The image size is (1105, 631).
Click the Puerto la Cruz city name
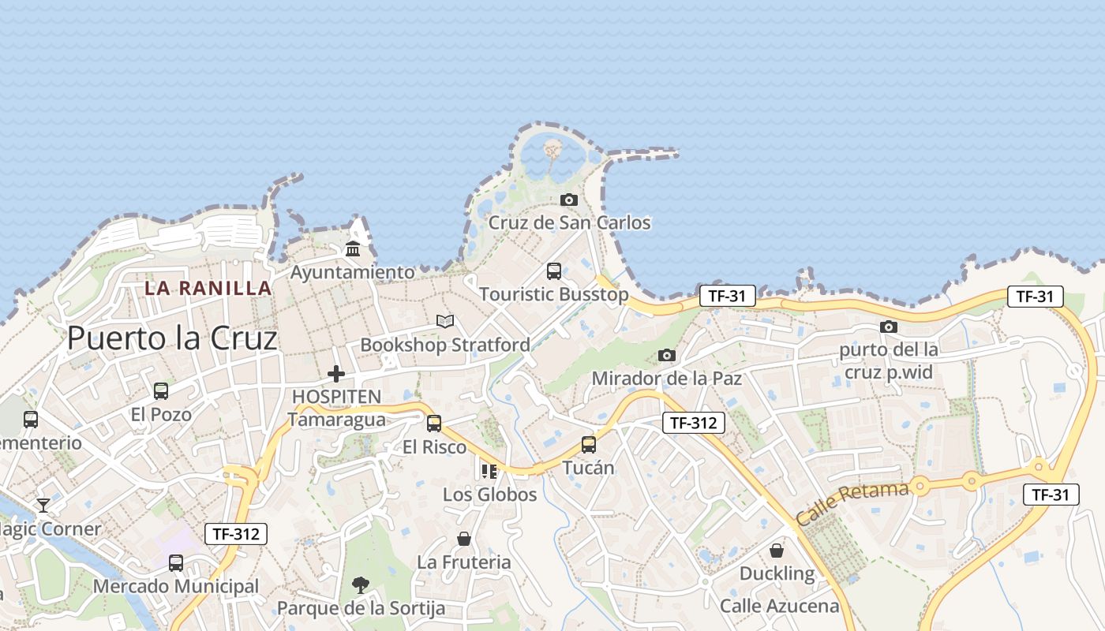point(172,338)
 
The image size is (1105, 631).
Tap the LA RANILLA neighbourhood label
point(208,288)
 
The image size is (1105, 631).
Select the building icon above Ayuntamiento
point(353,250)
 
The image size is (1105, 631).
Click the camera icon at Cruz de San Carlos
point(568,200)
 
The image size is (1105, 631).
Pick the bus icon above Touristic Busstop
point(554,271)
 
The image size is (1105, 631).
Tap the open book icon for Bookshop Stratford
point(445,321)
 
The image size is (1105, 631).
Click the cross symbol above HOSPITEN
point(336,374)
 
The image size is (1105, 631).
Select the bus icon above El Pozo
point(161,390)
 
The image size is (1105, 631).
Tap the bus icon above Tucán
point(589,444)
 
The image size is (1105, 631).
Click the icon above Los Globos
point(489,471)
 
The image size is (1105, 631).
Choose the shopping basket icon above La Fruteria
point(463,539)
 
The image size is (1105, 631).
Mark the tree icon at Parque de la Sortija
point(360,584)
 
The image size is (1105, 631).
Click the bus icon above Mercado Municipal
point(176,563)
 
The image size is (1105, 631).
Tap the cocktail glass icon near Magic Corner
point(43,505)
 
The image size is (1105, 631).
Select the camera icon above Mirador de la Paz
point(667,355)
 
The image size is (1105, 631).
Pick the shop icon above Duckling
point(777,550)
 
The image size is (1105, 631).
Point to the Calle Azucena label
point(779,606)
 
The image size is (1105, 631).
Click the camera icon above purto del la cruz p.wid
point(889,327)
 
